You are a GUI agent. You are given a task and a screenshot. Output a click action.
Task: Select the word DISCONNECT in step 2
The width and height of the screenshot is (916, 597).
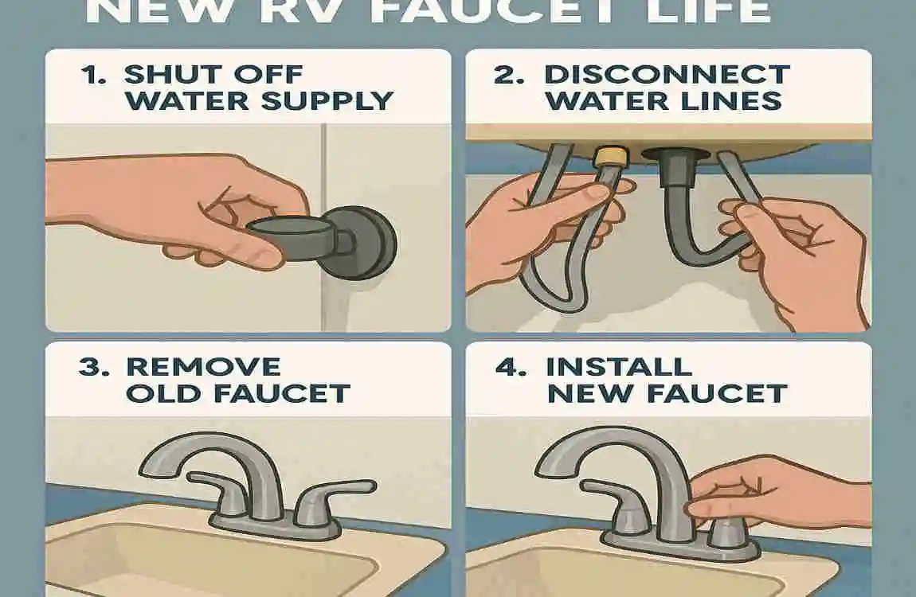(666, 76)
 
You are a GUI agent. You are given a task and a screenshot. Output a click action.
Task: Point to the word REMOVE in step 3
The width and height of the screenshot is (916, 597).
(203, 367)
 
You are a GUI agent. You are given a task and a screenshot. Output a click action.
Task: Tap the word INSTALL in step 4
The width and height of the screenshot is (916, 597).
(618, 367)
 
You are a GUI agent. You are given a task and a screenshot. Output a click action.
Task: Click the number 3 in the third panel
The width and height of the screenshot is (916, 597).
(89, 367)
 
